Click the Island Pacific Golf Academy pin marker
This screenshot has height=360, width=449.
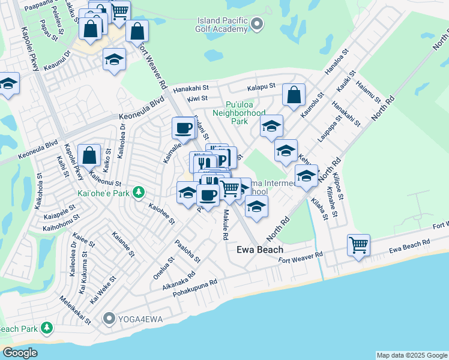[x=258, y=25]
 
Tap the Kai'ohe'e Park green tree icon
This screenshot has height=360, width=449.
[x=139, y=192]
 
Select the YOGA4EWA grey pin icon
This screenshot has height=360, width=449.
[x=109, y=317]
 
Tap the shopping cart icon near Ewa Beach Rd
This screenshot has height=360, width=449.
[x=358, y=244]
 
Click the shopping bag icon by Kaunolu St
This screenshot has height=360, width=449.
[x=294, y=95]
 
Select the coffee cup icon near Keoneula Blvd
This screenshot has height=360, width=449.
[x=183, y=127]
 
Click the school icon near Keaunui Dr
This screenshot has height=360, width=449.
[x=114, y=59]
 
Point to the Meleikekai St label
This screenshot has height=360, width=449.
[x=74, y=308]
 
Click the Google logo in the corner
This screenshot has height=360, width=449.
[x=20, y=353]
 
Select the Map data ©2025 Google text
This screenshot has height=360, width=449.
[x=412, y=355]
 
